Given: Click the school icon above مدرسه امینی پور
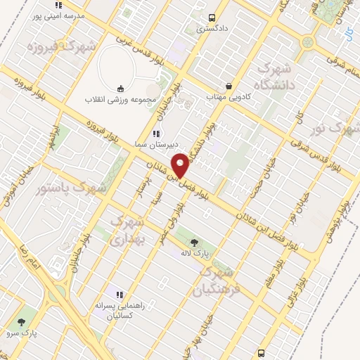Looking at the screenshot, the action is click(58, 5).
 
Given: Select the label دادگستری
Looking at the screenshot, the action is click(212, 29).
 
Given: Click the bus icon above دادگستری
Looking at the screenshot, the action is click(212, 18).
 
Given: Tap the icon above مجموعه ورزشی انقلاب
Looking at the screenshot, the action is click(120, 89).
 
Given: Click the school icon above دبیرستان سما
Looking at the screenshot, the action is click(155, 133).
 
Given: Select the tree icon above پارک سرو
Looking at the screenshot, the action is click(26, 320).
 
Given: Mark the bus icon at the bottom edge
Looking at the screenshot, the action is click(262, 353).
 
